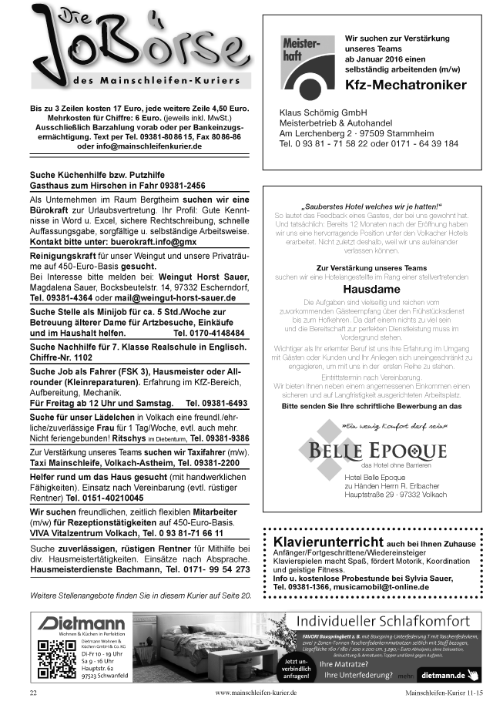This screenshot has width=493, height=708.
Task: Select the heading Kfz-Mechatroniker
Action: click(405, 85)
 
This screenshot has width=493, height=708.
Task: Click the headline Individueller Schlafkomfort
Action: click(384, 622)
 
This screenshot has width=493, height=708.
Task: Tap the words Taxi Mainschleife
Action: click(65, 464)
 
